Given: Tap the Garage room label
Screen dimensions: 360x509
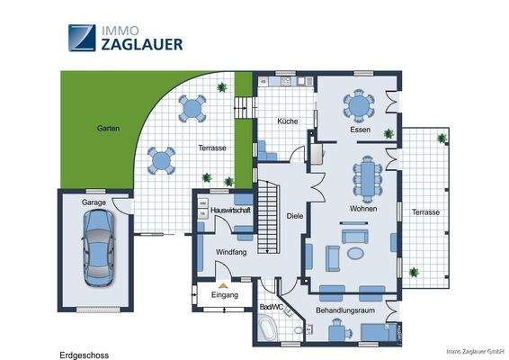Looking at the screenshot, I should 94,203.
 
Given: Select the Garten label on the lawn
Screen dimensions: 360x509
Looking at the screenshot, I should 108,129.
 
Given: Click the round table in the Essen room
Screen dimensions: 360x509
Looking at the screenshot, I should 359,106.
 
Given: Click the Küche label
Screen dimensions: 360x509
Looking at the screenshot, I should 287,121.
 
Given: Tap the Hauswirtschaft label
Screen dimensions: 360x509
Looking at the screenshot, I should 229,210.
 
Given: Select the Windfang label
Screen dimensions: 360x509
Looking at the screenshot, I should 232,252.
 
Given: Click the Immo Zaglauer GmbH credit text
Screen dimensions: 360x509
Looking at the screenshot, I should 473,351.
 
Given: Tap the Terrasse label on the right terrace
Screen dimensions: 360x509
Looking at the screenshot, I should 425,212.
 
